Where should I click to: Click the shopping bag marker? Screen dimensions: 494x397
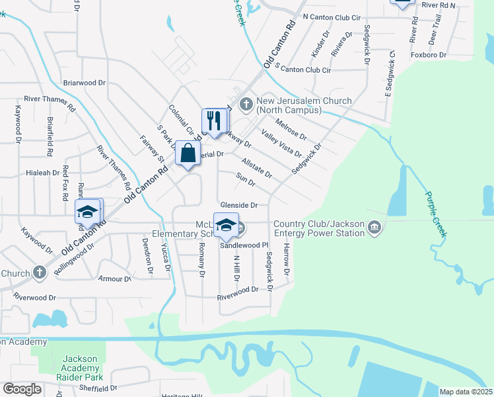coord(188,154)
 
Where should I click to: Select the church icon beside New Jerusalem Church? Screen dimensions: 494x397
coord(246,104)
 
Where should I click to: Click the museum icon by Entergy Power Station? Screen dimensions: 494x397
coord(374,228)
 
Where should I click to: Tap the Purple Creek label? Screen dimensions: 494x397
coord(436,215)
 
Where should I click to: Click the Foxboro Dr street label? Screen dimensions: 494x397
coord(429,56)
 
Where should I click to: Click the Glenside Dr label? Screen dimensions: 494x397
coord(238,205)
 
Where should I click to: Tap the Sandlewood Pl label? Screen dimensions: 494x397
coord(242,245)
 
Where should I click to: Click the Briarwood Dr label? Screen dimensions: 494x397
coord(84,83)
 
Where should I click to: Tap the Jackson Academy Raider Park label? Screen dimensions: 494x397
coord(80,365)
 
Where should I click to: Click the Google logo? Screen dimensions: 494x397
coord(22,389)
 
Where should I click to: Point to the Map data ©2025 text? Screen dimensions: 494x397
coord(466,392)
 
